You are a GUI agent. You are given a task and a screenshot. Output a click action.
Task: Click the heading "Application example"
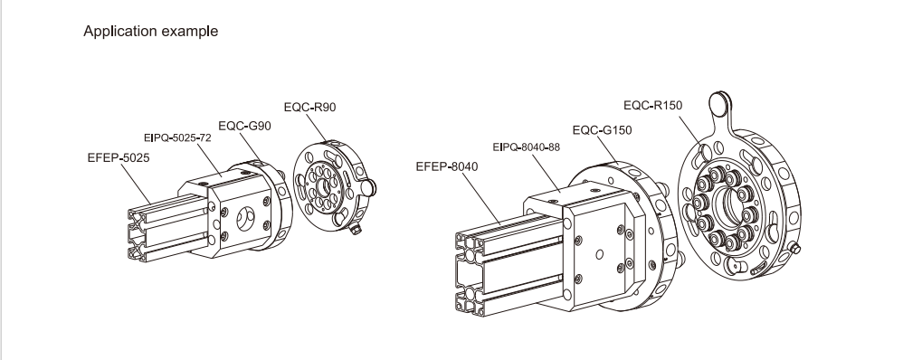tap(151, 31)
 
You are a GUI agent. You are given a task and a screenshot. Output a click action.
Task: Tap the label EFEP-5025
tap(119, 157)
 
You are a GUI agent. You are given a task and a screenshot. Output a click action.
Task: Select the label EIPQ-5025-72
tap(177, 138)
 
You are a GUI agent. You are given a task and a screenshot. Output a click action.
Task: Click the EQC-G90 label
tap(245, 126)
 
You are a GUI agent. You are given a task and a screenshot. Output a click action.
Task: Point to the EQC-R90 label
tap(309, 107)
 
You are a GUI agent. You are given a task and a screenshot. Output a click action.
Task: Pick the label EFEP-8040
tap(447, 167)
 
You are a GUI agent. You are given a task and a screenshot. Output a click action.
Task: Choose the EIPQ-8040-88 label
tap(527, 147)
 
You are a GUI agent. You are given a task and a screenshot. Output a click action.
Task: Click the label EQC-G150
tap(602, 130)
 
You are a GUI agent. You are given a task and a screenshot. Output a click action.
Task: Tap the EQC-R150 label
tap(653, 106)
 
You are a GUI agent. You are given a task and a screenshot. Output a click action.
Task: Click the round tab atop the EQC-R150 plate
tap(719, 104)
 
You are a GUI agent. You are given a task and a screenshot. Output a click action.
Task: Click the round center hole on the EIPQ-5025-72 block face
tap(246, 217)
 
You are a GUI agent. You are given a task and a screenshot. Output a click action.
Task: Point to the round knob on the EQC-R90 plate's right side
tap(367, 186)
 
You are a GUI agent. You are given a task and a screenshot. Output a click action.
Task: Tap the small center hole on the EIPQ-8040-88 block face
tap(600, 254)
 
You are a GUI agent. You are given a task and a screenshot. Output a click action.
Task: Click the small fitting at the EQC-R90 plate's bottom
tap(356, 230)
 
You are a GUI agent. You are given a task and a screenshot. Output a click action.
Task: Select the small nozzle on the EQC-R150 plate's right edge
tap(794, 249)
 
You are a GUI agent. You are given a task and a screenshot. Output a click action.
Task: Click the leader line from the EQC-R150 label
tap(689, 130)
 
